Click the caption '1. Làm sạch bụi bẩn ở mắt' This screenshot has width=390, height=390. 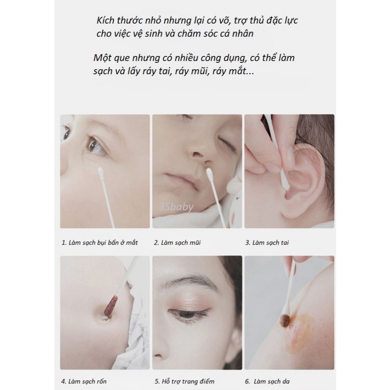click(x=99, y=243)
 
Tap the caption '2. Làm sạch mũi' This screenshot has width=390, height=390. click(x=177, y=243)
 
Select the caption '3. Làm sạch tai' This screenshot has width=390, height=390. click(x=267, y=243)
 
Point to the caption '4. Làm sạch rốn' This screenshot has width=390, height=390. click(x=84, y=381)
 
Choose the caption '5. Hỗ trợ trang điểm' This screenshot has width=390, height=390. click(x=184, y=381)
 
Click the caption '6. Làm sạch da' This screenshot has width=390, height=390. click(x=267, y=381)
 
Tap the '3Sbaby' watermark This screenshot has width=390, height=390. click(x=176, y=207)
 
